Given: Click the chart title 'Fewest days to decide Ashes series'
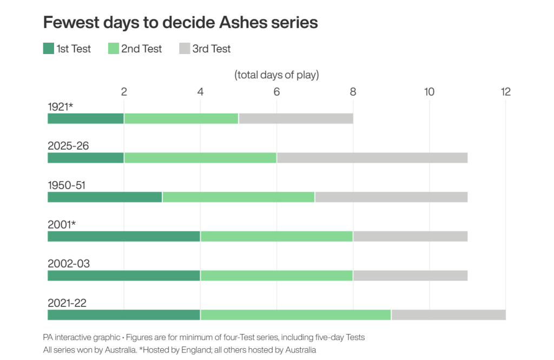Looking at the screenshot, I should [180, 22].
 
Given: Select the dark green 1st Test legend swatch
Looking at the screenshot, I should [49, 49].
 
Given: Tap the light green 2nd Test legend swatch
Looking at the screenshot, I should [113, 49].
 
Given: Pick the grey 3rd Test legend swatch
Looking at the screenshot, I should [184, 49].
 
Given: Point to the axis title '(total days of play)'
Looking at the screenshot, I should [276, 75].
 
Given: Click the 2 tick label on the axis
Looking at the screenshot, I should [124, 92].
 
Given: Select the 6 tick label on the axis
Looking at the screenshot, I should [276, 92].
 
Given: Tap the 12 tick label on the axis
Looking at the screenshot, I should [505, 92].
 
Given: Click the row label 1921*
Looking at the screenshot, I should [60, 106].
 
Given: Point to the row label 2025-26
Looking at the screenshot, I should [68, 146].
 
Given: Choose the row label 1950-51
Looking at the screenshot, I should [67, 185].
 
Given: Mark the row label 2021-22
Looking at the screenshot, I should [67, 303].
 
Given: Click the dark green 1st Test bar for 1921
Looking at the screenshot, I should [85, 118].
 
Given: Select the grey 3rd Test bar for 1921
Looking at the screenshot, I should [295, 118].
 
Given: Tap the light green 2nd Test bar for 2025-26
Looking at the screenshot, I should [200, 158].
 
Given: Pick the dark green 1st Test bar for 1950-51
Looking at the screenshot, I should [105, 197].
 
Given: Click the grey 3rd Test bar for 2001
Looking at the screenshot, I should [410, 236].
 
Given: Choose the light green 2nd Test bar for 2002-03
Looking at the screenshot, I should [276, 276].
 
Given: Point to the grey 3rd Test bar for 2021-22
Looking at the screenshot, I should [449, 315].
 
